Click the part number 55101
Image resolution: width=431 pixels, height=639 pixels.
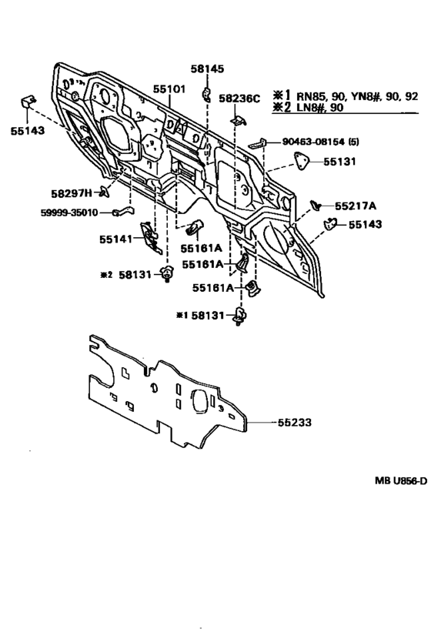169,89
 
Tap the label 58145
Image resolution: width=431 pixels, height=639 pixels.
207,69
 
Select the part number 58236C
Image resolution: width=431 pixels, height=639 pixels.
239,99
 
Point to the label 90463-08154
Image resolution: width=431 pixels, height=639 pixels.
313,142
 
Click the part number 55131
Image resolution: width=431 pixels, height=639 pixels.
339,162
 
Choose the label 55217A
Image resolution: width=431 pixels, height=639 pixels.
356,206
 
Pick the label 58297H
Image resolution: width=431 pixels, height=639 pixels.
72,193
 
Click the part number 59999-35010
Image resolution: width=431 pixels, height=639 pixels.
69,212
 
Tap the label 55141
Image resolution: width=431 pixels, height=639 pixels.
116,239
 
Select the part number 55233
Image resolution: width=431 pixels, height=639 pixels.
295,422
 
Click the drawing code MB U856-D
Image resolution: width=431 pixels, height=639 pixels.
401,481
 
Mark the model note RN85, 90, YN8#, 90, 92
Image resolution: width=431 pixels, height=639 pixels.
357,96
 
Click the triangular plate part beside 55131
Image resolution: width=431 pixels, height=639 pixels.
301,161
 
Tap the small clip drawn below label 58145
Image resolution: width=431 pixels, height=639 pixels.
207,94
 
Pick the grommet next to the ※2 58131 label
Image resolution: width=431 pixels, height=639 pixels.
166,273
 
